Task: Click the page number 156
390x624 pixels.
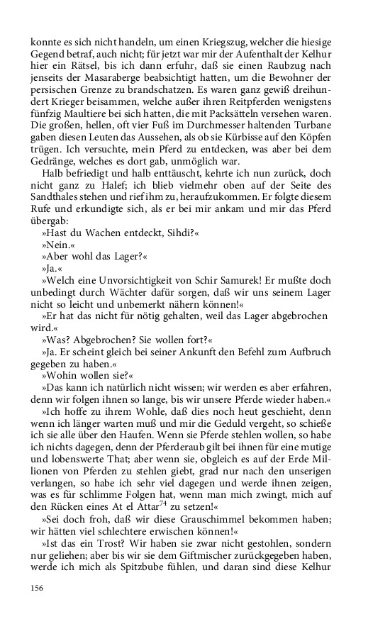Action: [x=38, y=587]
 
